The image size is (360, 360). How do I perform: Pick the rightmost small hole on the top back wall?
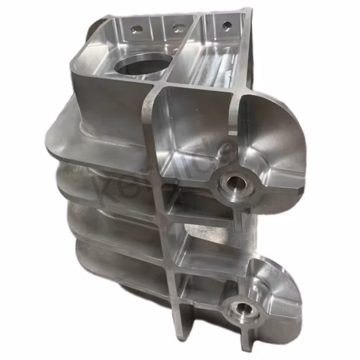(226, 26)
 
